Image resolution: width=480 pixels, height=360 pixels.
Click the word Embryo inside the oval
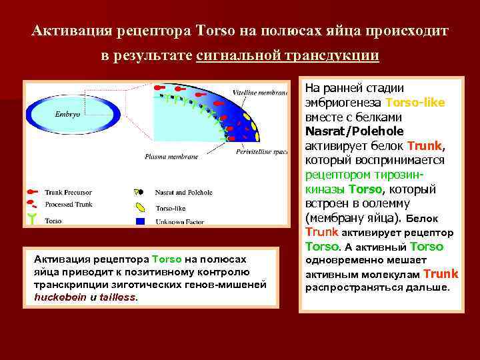pos(67,114)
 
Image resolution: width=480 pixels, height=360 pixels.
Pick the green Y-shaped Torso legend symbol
pos(31,218)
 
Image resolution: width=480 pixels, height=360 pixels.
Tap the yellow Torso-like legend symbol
pos(140,206)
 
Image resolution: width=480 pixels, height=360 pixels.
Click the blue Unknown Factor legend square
pos(140,221)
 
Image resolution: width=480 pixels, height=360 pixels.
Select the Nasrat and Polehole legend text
pos(184,193)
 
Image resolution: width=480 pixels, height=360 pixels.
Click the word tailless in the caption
pos(117,297)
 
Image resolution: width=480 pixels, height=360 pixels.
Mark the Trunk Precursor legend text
pos(69,193)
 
